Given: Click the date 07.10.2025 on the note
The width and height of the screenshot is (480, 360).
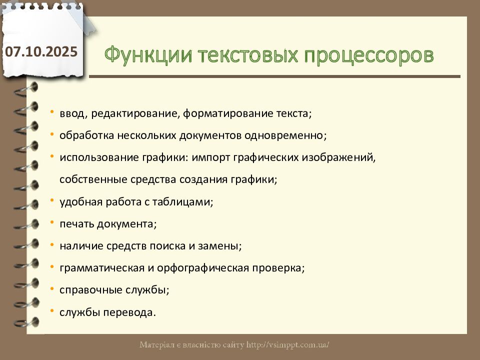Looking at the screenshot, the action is (41, 51).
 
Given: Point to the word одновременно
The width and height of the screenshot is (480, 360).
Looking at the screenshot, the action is (285, 135).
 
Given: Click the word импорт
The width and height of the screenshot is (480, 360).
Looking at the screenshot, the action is (210, 157).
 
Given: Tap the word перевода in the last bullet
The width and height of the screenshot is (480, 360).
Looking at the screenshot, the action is (129, 312).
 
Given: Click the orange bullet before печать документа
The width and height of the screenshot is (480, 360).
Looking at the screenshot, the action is (52, 222).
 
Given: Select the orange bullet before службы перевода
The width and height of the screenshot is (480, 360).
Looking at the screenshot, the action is (52, 310).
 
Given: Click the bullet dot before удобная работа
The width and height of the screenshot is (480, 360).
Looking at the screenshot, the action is (52, 200).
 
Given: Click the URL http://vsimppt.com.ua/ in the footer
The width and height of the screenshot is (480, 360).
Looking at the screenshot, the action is (288, 345).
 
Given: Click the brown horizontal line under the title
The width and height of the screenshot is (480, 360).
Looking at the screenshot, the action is (274, 76).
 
